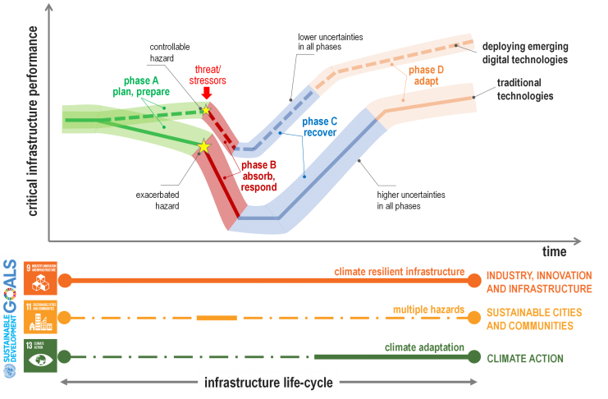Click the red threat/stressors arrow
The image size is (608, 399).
[206, 95]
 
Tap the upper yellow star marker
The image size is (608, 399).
[206, 110]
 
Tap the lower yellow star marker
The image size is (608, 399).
[203, 147]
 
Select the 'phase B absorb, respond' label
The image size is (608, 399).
[258, 176]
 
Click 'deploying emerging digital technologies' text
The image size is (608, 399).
[525, 53]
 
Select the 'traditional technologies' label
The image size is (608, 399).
[525, 89]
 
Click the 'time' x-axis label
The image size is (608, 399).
[553, 251]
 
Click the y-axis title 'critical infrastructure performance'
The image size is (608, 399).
[34, 121]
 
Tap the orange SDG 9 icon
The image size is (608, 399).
[40, 278]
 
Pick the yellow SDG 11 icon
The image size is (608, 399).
[40, 318]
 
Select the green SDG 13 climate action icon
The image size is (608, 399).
[40, 355]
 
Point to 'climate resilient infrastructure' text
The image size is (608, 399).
[400, 272]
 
